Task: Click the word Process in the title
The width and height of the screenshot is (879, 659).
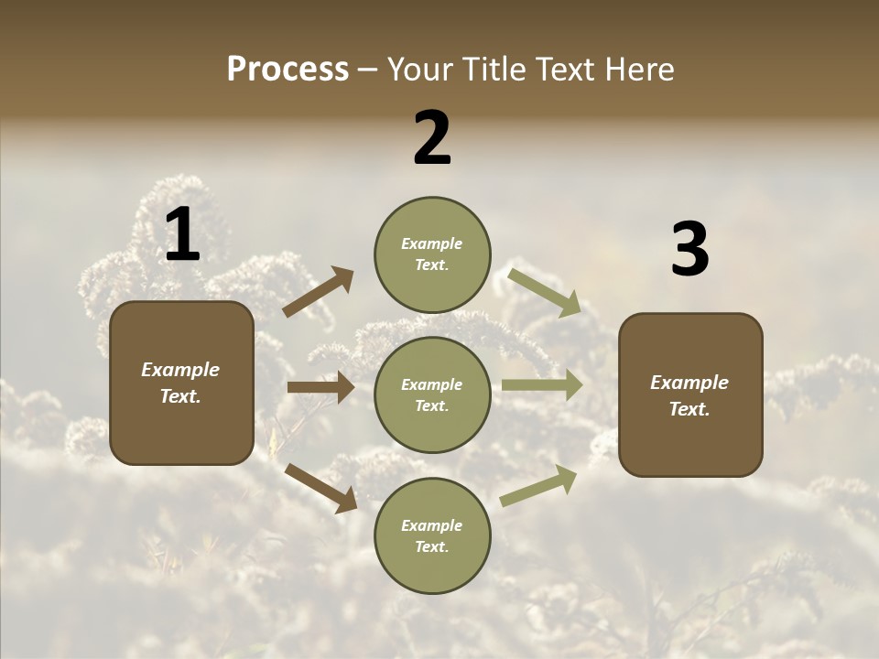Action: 288,70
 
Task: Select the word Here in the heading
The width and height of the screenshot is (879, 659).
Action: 638,70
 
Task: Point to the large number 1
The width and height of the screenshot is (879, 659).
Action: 182,234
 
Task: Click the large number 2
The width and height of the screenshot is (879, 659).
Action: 432,138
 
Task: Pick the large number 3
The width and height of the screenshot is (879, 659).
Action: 689,250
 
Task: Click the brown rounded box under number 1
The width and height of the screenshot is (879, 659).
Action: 181,383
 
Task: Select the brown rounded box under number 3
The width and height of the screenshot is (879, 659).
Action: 690,394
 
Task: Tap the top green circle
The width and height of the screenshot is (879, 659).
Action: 432,254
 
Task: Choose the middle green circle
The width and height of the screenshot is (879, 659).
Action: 432,394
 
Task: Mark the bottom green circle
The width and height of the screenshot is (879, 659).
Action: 432,535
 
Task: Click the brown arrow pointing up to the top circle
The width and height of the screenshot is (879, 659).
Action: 319,291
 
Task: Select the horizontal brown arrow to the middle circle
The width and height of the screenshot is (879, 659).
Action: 320,387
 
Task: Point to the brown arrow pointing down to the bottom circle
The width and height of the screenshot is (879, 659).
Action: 320,487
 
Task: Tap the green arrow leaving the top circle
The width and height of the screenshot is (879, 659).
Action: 545,292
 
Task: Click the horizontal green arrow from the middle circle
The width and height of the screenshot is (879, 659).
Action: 542,385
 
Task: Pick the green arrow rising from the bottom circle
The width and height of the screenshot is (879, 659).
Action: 538,485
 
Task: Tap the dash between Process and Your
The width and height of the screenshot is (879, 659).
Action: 368,70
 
